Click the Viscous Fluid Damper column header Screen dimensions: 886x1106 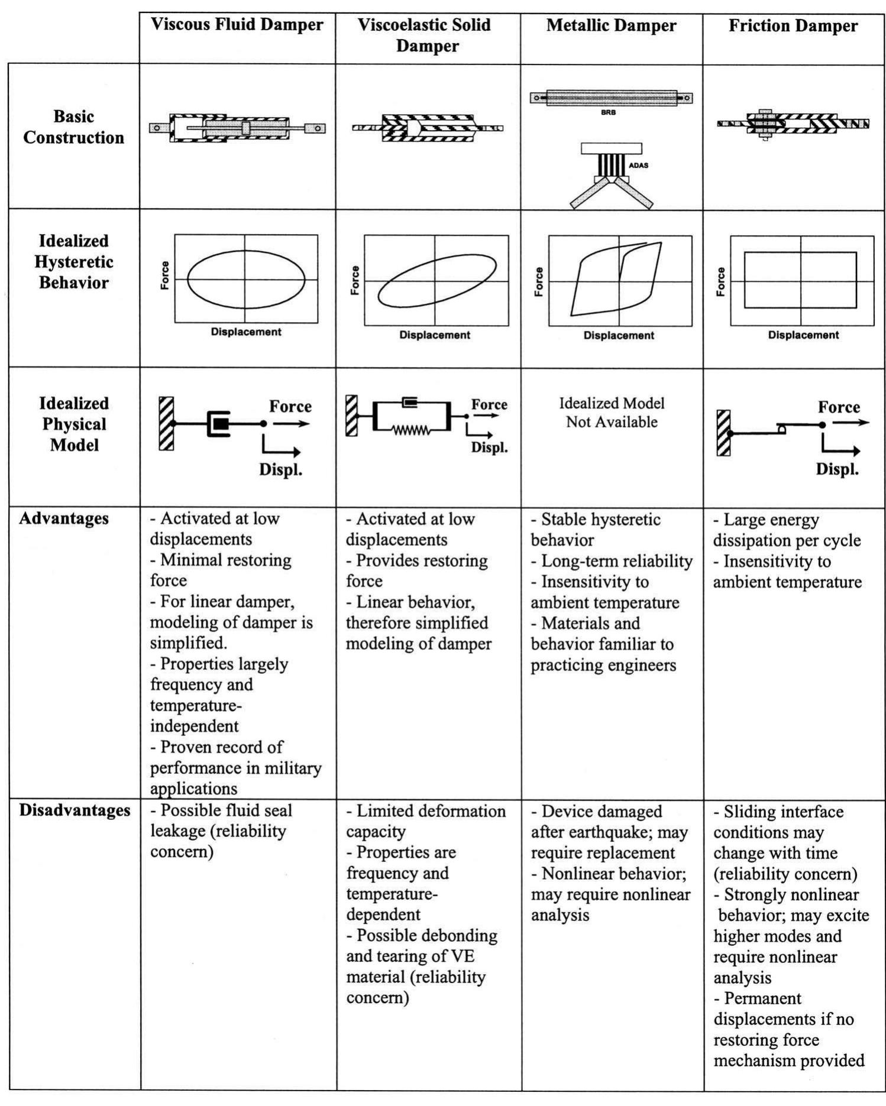[237, 25]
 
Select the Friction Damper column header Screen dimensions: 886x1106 [793, 26]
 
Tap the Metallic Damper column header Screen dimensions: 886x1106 [611, 26]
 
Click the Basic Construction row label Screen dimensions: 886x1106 [73, 127]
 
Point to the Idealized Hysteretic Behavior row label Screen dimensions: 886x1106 [73, 262]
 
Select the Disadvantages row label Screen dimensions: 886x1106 [75, 810]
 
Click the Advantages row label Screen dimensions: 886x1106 [64, 518]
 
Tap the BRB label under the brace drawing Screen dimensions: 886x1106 [608, 112]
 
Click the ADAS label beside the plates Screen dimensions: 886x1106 [638, 166]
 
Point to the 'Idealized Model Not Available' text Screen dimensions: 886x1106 [612, 413]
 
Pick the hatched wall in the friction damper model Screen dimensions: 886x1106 [723, 433]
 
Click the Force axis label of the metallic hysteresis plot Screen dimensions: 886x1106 [539, 282]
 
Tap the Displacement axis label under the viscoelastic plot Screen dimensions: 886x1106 [435, 335]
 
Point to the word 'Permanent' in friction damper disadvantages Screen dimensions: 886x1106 [762, 998]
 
